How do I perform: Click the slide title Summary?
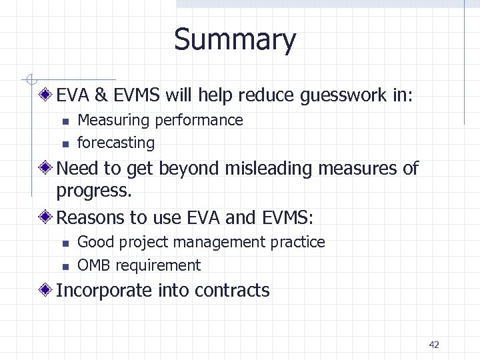pyautogui.click(x=235, y=39)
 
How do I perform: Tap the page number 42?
pyautogui.click(x=434, y=345)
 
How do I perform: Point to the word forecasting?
pyautogui.click(x=116, y=143)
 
